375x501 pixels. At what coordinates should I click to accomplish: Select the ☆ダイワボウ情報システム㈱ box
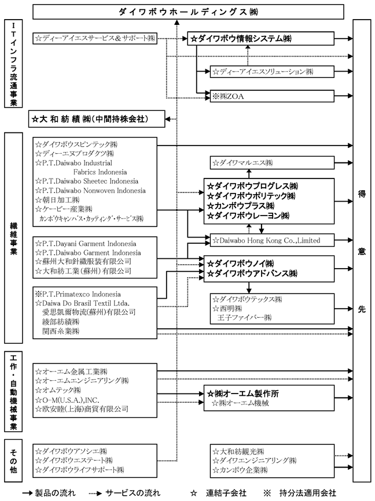coord(262,39)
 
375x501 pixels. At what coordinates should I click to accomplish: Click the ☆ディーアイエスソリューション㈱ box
coord(272,72)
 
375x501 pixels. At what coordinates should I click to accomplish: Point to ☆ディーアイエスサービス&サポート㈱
coord(95,39)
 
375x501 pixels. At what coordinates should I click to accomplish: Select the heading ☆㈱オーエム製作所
coord(243,394)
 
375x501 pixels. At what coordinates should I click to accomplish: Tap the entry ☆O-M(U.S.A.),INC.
coord(68,400)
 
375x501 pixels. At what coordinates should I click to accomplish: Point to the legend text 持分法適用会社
coord(307,493)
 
